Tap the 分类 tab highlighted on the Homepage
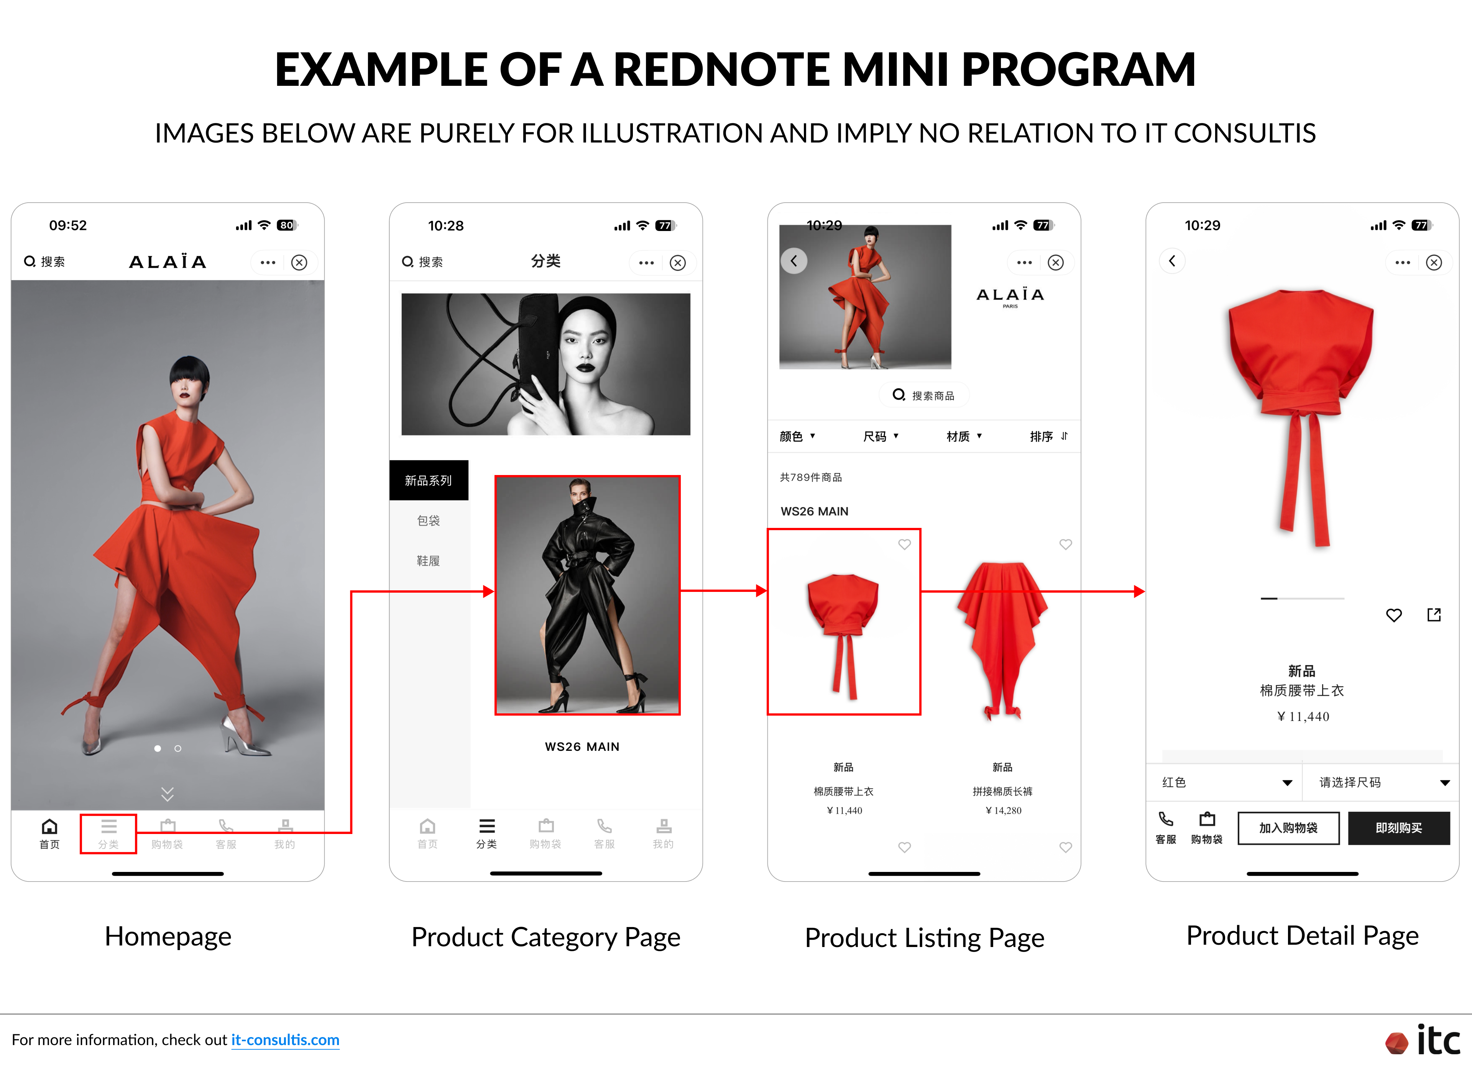pos(108,834)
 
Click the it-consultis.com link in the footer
pos(285,1040)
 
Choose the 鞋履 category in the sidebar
pos(428,561)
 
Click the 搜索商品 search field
pos(924,395)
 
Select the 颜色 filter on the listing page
pos(797,436)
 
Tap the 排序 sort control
pos(1048,436)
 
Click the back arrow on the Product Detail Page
pos(1172,261)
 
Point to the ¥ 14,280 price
pos(1004,810)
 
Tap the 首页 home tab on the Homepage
pos(49,834)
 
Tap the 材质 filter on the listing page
pos(964,436)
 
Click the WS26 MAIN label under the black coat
pos(582,747)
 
